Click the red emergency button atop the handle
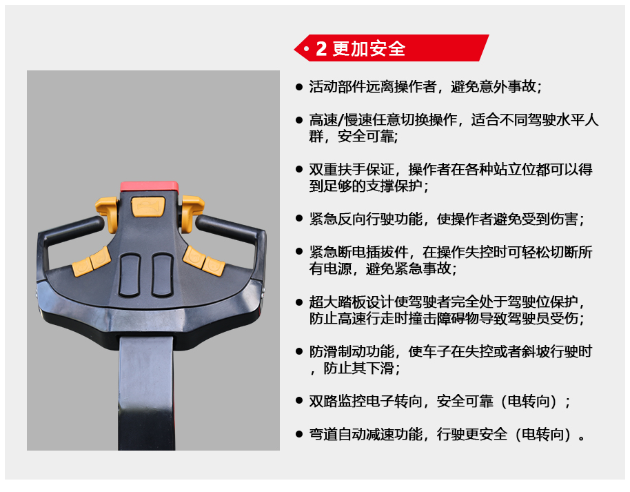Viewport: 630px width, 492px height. pyautogui.click(x=150, y=186)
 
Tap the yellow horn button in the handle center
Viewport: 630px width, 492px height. pyautogui.click(x=148, y=206)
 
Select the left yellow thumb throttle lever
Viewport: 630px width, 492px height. pyautogui.click(x=108, y=214)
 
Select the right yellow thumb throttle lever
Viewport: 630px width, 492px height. pyautogui.click(x=192, y=214)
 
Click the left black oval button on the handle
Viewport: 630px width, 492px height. pyautogui.click(x=130, y=275)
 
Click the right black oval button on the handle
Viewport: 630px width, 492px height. pyautogui.click(x=162, y=275)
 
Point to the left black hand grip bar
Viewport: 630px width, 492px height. pyautogui.click(x=70, y=230)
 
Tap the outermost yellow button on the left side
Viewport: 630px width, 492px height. pyautogui.click(x=82, y=267)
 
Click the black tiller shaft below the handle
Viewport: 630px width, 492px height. pyautogui.click(x=147, y=393)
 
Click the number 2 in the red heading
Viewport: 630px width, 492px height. pyautogui.click(x=321, y=49)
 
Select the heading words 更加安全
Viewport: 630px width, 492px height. pyautogui.click(x=369, y=49)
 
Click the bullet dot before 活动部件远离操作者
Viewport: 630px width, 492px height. pyautogui.click(x=299, y=86)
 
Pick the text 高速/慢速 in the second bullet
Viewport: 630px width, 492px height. pyautogui.click(x=341, y=119)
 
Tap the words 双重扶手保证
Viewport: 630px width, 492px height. pyautogui.click(x=351, y=169)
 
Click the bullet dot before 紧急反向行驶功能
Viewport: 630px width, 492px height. pyautogui.click(x=299, y=219)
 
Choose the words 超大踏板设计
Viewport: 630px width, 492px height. pyautogui.click(x=351, y=302)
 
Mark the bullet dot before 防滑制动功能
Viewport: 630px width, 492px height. pyautogui.click(x=299, y=351)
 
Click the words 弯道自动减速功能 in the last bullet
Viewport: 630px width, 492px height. pyautogui.click(x=365, y=434)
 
